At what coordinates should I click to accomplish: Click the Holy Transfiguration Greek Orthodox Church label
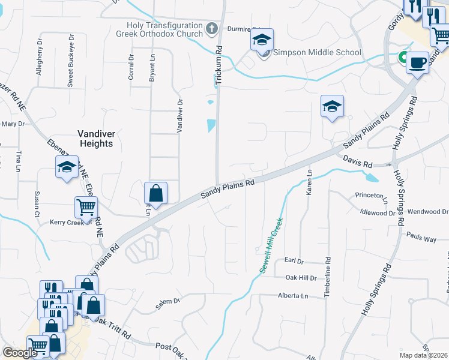(x=164, y=29)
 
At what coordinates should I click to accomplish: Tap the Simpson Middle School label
(x=317, y=52)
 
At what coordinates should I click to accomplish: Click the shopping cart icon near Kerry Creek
(x=86, y=207)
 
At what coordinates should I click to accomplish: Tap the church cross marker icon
(x=211, y=28)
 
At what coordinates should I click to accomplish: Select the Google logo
(x=19, y=353)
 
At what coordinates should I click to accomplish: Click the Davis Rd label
(x=358, y=161)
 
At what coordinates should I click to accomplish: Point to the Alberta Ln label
(x=292, y=296)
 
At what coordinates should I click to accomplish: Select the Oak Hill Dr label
(x=300, y=278)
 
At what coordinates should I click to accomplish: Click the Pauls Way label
(x=421, y=238)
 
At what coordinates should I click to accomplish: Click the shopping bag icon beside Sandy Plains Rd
(x=155, y=193)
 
